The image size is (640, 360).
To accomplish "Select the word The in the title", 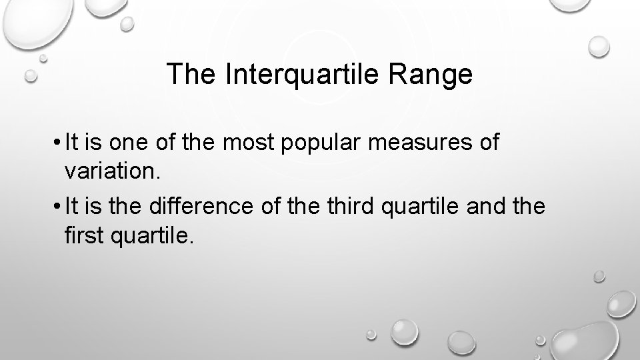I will click(192, 75).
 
